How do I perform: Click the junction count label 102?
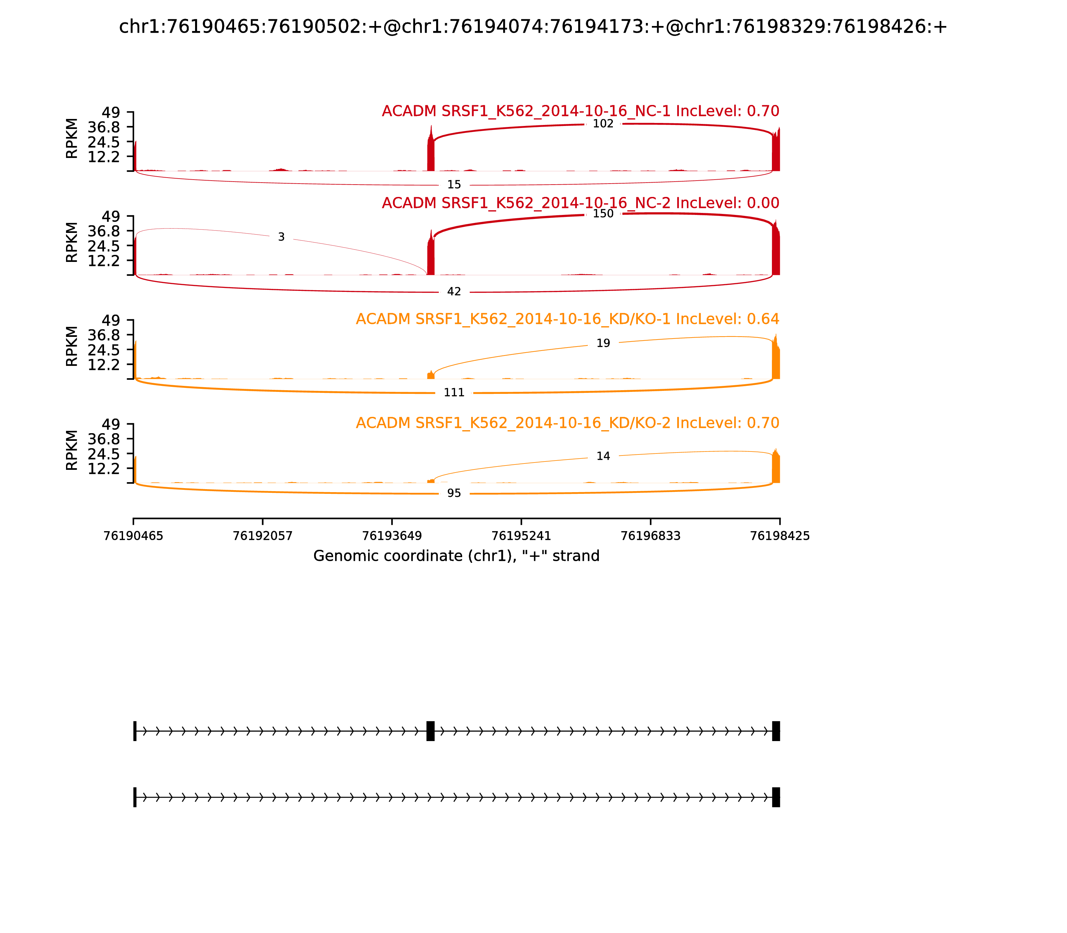[603, 124]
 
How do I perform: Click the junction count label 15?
[454, 185]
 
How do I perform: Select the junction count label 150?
[603, 214]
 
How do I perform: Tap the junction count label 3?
[281, 237]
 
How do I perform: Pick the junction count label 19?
[603, 344]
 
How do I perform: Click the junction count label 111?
[454, 393]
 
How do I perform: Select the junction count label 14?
[603, 457]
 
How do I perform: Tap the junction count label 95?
[454, 493]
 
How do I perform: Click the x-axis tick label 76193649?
[392, 536]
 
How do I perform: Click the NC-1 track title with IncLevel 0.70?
[581, 111]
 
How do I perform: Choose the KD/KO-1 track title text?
[568, 319]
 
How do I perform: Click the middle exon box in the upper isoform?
[430, 731]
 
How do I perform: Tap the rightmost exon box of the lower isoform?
[776, 797]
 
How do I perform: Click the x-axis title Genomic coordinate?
[456, 556]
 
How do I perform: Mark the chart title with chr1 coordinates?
[533, 27]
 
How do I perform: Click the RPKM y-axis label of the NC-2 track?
[72, 243]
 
